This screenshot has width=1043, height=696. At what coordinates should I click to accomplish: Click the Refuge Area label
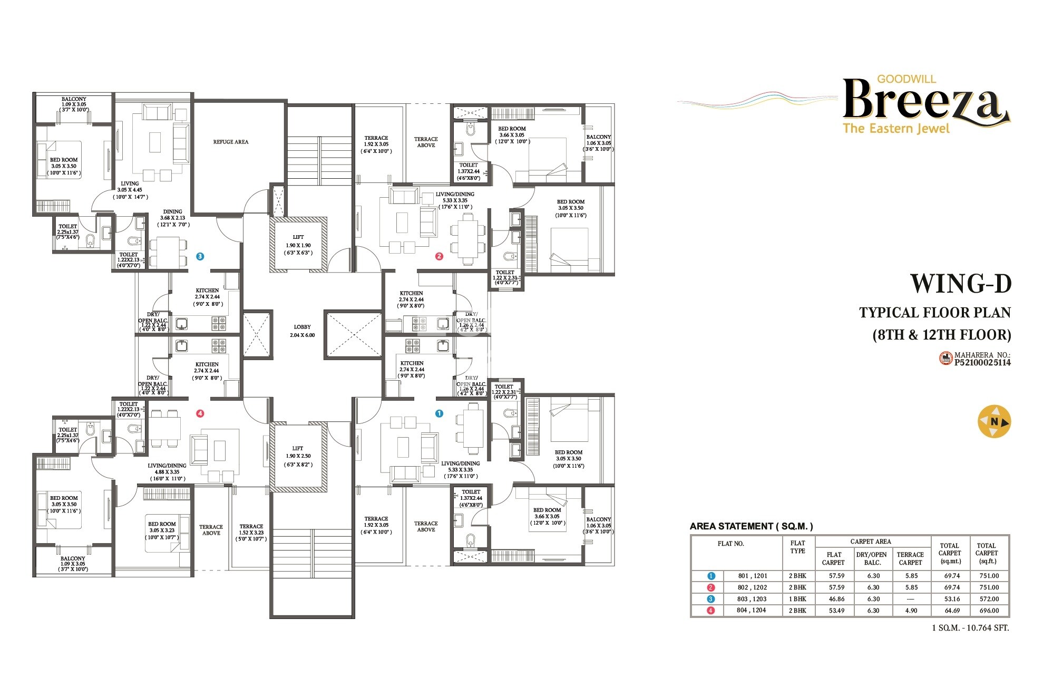click(230, 142)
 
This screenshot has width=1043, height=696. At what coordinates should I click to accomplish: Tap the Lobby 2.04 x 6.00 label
click(302, 331)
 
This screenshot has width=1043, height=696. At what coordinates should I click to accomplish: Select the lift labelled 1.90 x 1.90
click(298, 245)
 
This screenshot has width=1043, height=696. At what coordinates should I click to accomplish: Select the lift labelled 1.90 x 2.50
click(298, 456)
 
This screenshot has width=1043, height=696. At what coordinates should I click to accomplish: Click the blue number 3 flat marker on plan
click(200, 256)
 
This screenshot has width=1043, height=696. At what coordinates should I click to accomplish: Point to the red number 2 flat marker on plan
click(439, 256)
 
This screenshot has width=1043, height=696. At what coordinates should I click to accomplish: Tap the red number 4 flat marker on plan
click(200, 413)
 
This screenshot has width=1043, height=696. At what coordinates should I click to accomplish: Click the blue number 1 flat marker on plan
click(439, 413)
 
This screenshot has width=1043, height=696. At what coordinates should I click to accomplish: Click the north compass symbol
click(994, 421)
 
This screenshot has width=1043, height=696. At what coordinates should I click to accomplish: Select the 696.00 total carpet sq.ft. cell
click(989, 611)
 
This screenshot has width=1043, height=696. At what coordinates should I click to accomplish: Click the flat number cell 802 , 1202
click(752, 587)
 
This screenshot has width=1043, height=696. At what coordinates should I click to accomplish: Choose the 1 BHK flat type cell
click(797, 599)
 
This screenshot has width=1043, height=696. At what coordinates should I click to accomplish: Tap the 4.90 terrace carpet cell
click(911, 611)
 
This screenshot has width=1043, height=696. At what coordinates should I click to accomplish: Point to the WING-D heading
click(960, 284)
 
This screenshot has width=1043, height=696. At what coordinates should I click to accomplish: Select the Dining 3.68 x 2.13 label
click(172, 218)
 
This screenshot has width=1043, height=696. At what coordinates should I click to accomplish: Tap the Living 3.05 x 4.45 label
click(130, 190)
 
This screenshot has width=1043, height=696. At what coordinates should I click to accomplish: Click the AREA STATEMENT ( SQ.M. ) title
click(751, 526)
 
